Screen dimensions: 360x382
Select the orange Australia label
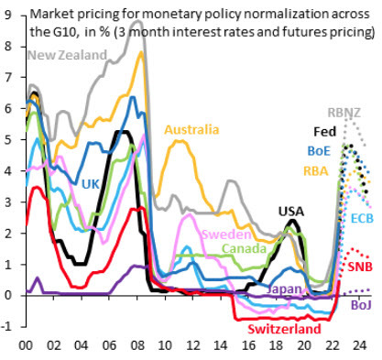194,130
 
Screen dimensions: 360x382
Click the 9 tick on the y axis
9,16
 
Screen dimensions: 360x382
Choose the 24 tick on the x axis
361,347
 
